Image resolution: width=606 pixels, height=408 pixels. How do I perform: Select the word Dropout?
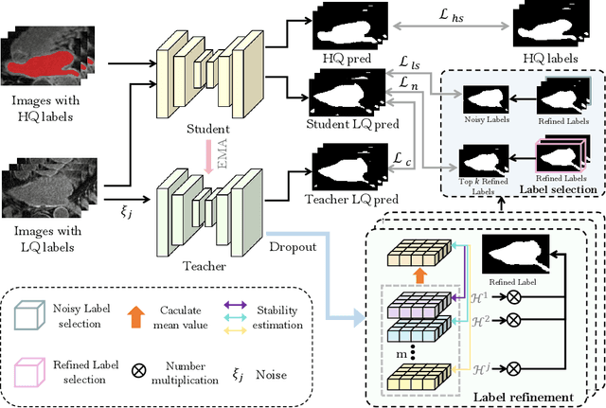(x=301, y=245)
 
